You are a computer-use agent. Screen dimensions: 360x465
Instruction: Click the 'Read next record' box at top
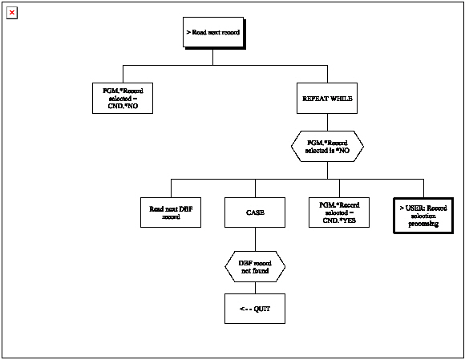[212, 33]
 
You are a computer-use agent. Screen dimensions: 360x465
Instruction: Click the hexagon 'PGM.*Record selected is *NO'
[327, 146]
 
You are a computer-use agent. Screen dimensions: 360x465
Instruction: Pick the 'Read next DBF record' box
[170, 212]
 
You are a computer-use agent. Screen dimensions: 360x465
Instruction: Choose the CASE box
[255, 212]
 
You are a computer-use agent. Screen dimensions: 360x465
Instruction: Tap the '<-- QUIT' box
[255, 308]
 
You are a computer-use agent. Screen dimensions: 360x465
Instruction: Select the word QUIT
[261, 308]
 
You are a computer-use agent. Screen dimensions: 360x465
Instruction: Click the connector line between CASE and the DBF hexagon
[255, 239]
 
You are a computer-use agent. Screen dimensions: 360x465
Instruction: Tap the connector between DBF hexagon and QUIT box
[255, 287]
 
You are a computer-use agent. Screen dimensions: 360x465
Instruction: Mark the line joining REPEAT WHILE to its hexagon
[327, 121]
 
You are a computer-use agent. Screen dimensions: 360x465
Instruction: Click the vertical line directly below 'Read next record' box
[212, 56]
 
